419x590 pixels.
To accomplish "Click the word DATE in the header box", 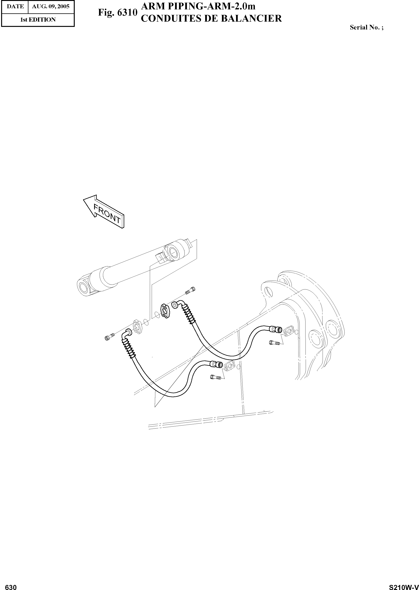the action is click(x=15, y=6).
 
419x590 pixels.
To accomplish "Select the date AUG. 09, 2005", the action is click(x=51, y=6).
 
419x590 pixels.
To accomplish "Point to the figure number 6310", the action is click(x=127, y=13).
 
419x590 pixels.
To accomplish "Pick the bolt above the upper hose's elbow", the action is click(x=190, y=290).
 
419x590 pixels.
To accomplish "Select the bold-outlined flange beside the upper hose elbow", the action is click(x=165, y=311).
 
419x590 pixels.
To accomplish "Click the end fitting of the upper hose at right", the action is click(x=275, y=329).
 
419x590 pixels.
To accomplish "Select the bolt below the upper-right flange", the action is click(x=274, y=343).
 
